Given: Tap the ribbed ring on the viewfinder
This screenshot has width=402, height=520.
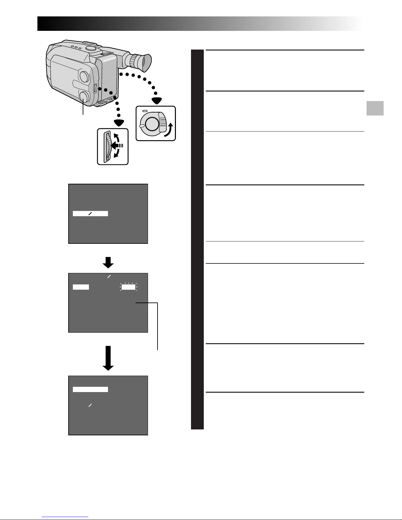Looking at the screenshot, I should pos(134,60).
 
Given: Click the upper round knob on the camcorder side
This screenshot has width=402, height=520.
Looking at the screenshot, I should pos(84,77).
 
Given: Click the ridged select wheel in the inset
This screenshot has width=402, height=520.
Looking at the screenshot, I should pos(106,146).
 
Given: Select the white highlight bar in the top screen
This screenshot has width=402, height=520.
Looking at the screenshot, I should pos(90,214).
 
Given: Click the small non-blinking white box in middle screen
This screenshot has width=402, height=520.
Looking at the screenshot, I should pos(81,287).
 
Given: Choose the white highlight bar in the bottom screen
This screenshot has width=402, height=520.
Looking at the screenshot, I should pos(90,389).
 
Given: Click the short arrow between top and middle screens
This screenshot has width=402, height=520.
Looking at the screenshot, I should pos(108,261).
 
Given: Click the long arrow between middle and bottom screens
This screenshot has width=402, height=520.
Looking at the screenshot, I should pos(108,358).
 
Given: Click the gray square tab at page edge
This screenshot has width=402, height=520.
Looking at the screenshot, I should pos(375,108).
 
